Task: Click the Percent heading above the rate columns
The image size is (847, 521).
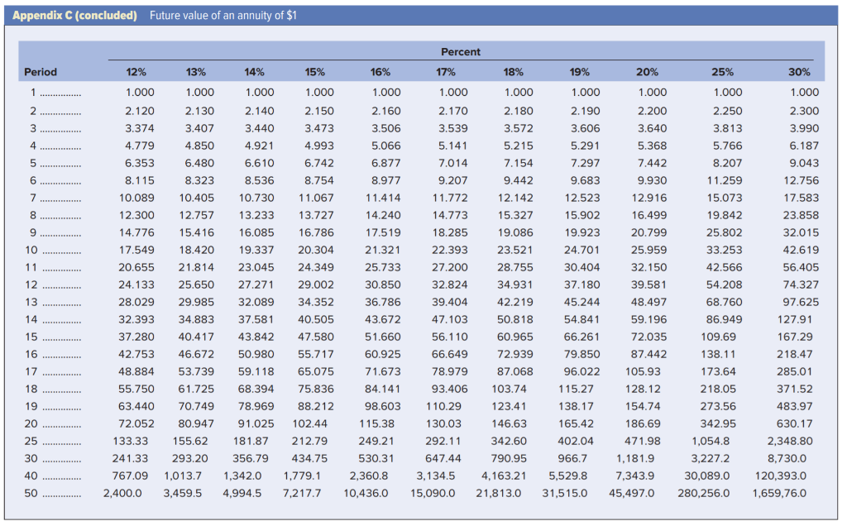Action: coord(461,52)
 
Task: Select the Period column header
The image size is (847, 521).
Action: coord(41,72)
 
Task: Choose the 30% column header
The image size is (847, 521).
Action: coord(799,72)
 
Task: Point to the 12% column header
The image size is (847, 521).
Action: coord(136,72)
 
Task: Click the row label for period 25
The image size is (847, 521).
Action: coord(32,441)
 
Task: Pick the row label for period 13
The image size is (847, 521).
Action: coord(32,303)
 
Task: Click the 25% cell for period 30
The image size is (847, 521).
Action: coord(711,458)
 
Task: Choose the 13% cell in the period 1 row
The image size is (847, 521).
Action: coord(200,93)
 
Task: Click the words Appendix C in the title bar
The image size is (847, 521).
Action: coord(47,15)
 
